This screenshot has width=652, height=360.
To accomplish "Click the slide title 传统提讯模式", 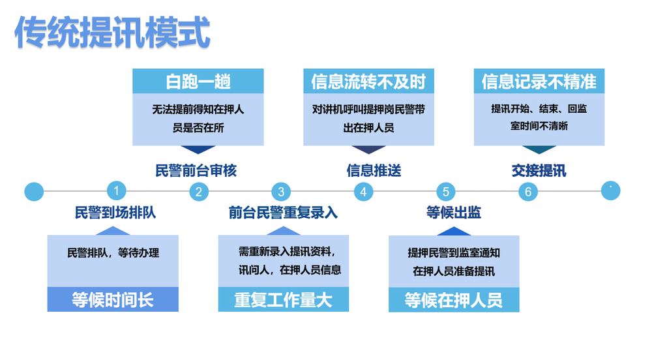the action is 112,33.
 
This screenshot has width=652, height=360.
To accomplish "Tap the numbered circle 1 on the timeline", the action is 117,191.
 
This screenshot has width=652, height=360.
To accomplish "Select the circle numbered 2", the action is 199,192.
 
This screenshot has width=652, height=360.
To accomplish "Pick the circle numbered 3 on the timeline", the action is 281,192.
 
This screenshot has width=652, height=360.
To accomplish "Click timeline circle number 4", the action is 363,192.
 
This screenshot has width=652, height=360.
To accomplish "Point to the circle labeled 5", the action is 446,192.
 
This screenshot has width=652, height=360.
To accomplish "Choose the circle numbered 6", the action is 528,192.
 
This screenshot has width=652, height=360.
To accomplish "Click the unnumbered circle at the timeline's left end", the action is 34,192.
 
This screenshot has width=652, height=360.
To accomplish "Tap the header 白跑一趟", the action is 198,81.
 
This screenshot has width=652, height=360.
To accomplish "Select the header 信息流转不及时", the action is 369,81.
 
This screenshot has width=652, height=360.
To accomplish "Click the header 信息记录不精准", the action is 539,81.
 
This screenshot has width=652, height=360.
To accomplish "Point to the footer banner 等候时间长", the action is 113,299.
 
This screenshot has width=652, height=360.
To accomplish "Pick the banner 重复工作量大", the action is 284,299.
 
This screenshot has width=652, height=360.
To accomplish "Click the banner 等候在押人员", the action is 454,300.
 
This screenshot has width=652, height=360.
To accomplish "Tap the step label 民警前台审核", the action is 196,170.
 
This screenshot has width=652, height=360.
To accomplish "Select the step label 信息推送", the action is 374,170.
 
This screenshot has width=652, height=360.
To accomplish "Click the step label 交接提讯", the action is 539,170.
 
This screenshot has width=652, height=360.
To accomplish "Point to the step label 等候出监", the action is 454,213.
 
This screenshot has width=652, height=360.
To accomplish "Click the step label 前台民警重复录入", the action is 283,213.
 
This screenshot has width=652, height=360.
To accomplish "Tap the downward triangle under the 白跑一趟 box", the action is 198,149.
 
